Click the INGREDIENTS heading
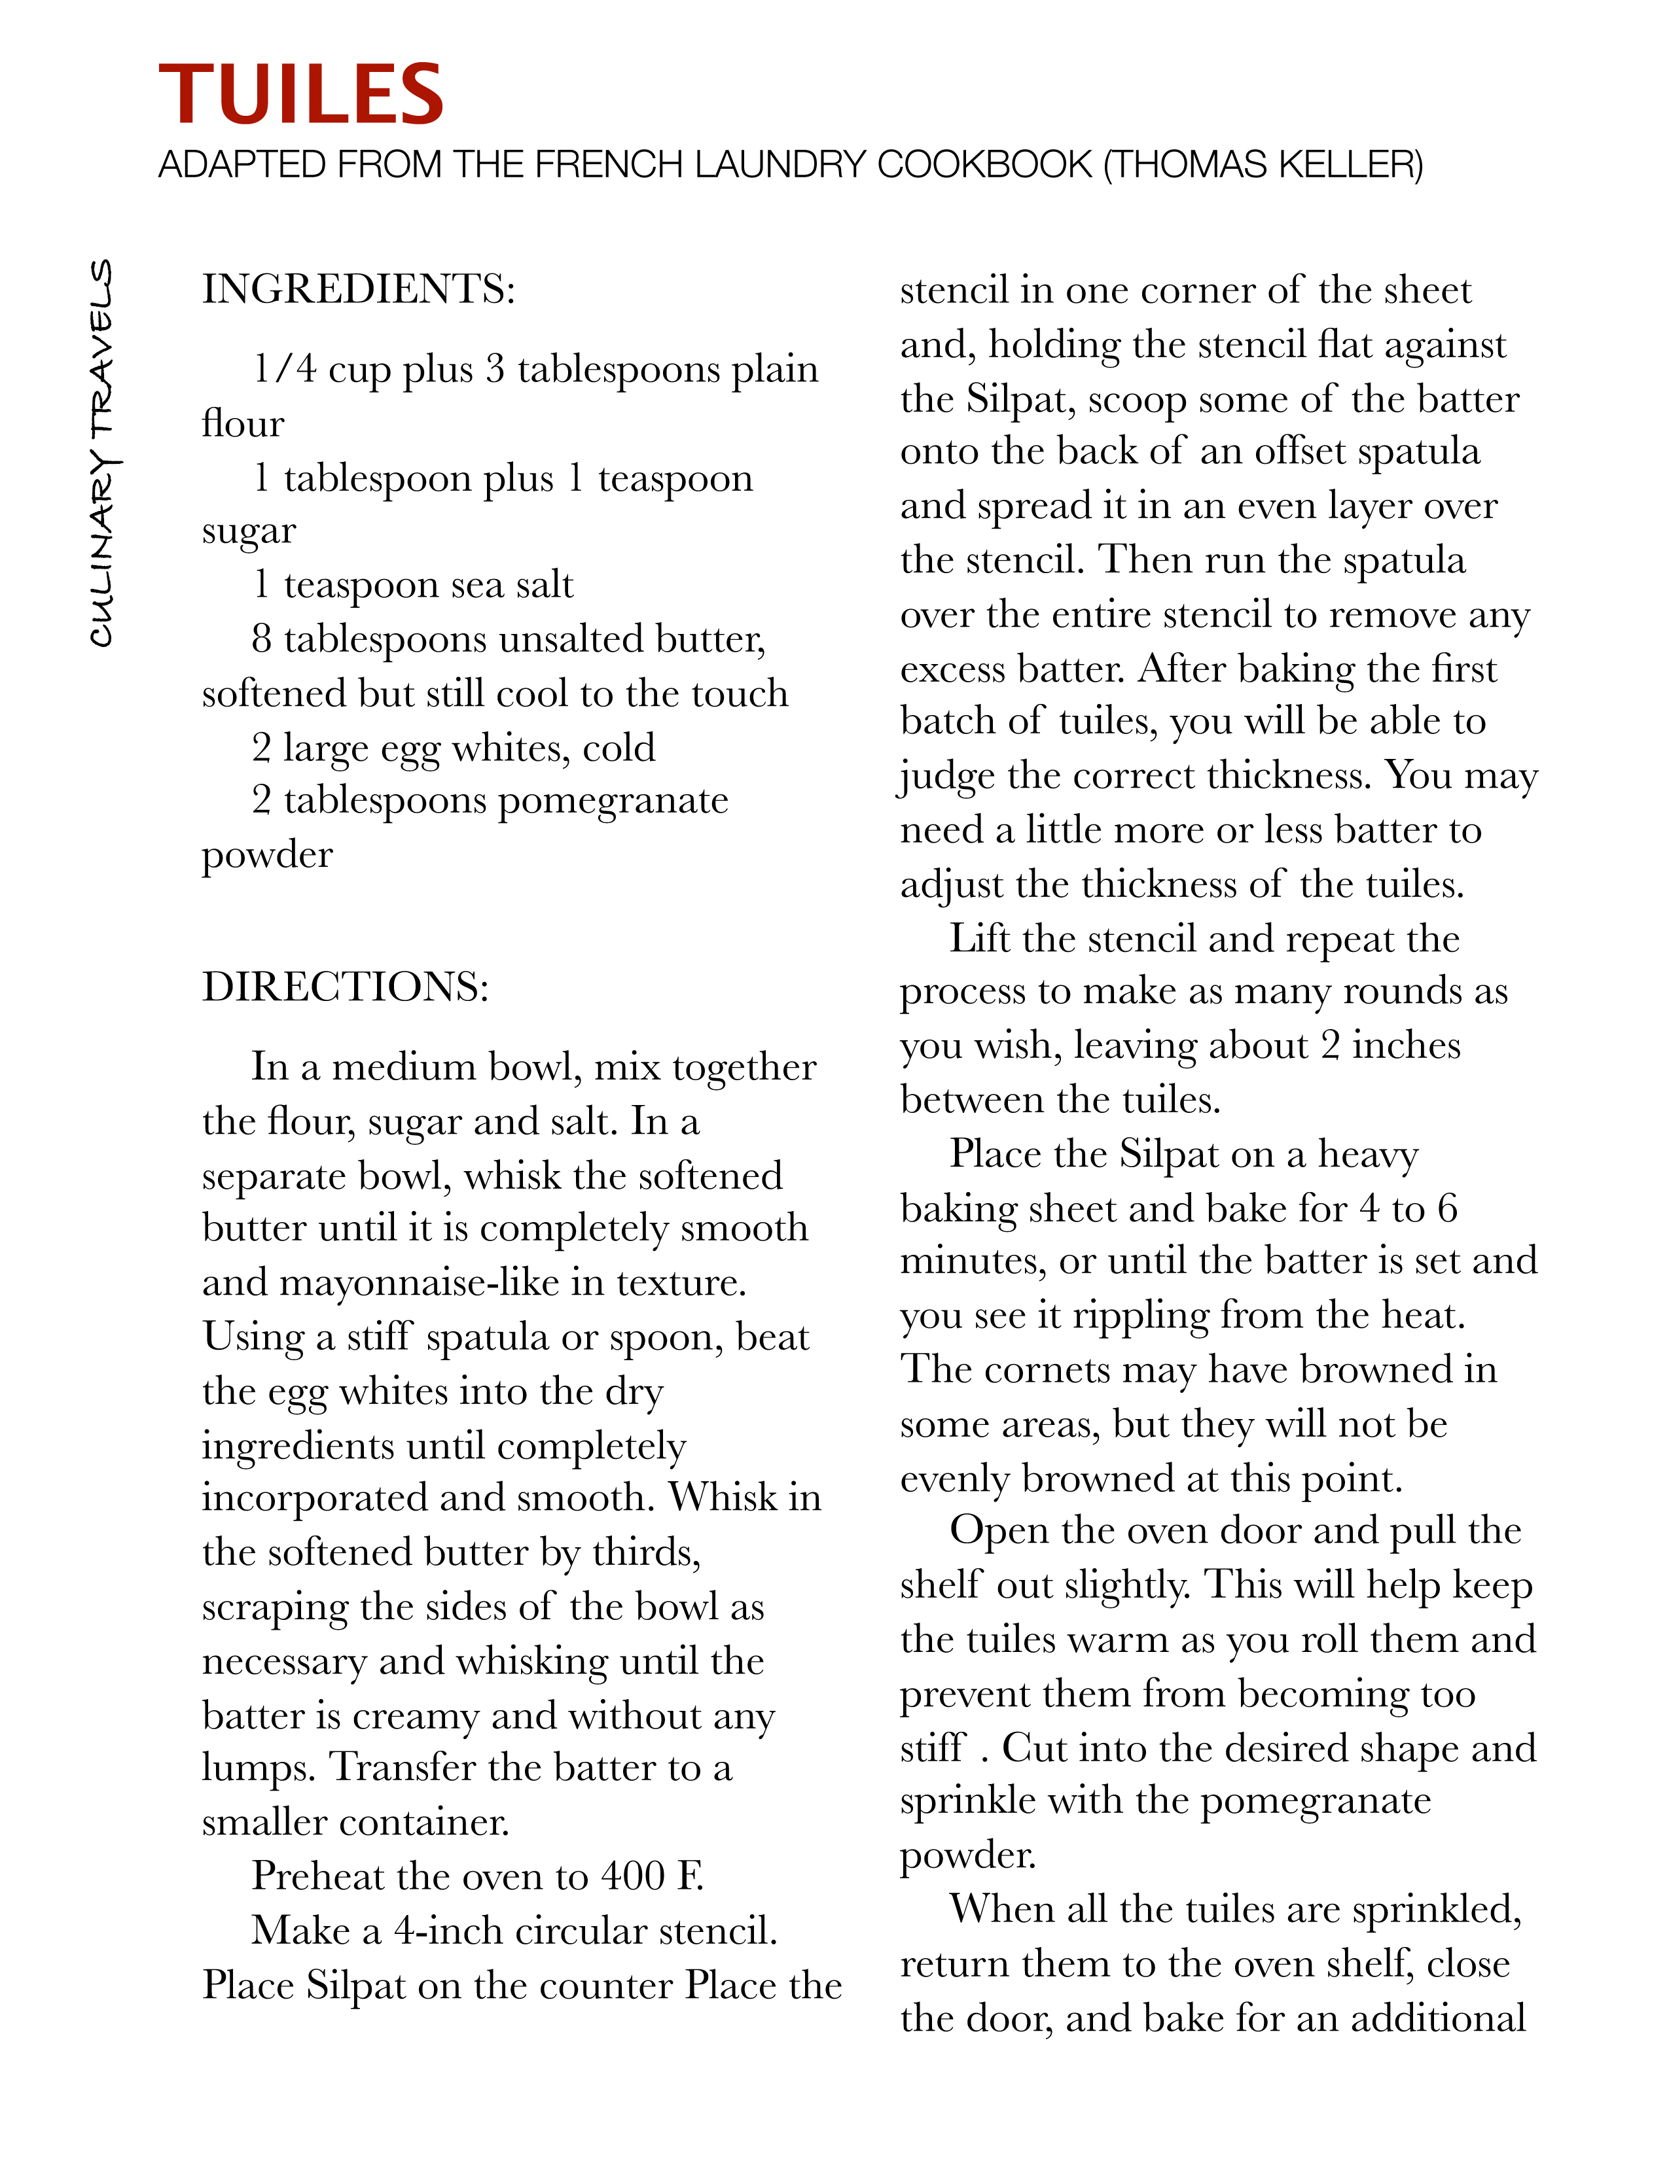(x=358, y=290)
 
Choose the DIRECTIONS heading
(x=345, y=987)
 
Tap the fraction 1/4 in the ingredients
(x=284, y=370)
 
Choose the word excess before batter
(x=953, y=669)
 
